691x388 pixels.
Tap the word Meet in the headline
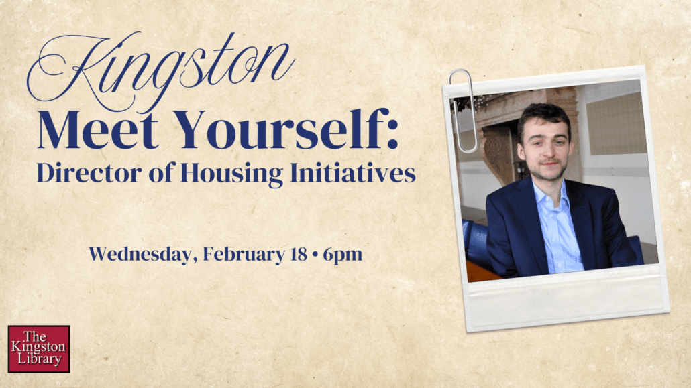point(98,129)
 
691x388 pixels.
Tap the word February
point(244,255)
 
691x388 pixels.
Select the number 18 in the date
point(299,254)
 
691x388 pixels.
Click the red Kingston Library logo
point(39,349)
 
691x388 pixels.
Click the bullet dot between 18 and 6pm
point(315,255)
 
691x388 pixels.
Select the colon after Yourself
point(393,133)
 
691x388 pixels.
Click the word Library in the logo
point(39,359)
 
